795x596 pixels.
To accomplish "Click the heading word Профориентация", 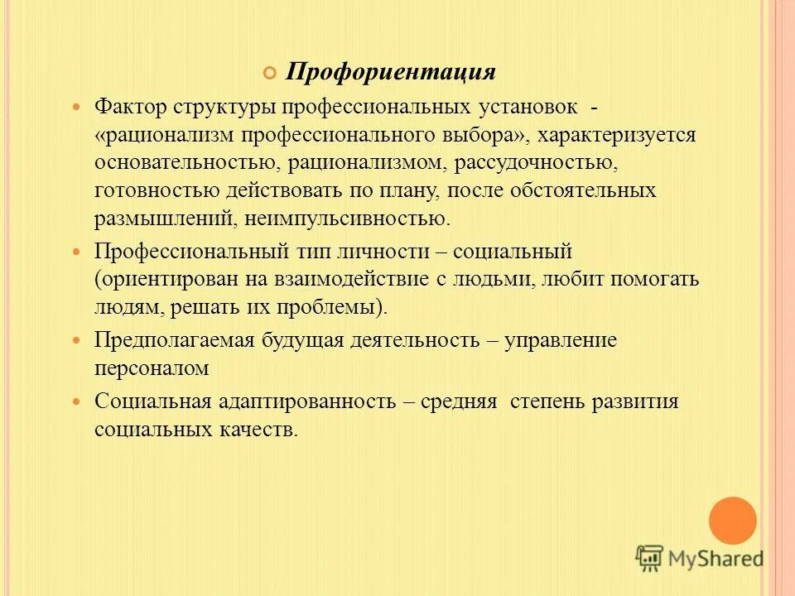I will pyautogui.click(x=391, y=73).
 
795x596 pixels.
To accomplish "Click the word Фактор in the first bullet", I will pyautogui.click(x=130, y=108).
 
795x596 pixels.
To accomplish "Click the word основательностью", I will pyautogui.click(x=187, y=163).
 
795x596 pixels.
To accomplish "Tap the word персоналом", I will pyautogui.click(x=152, y=368).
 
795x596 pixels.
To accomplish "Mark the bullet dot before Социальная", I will pyautogui.click(x=78, y=402).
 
